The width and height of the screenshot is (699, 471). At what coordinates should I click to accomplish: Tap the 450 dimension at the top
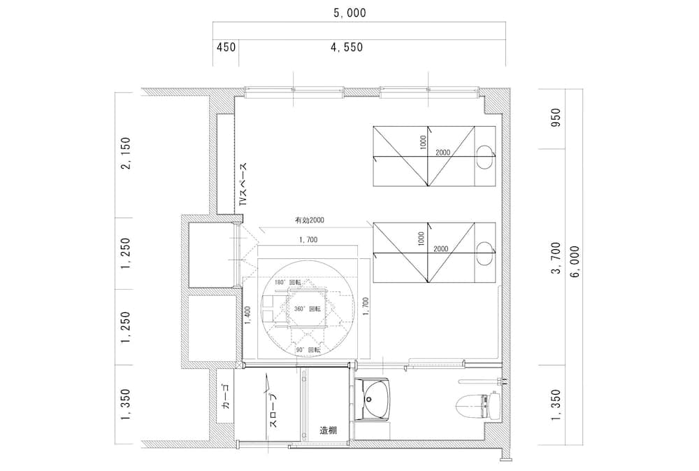(x=226, y=48)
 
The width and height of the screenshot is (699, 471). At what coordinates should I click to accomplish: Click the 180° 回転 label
(x=287, y=282)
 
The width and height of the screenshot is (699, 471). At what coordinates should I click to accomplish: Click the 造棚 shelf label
(x=329, y=430)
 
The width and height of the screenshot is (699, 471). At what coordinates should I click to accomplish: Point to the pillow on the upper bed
(x=483, y=155)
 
